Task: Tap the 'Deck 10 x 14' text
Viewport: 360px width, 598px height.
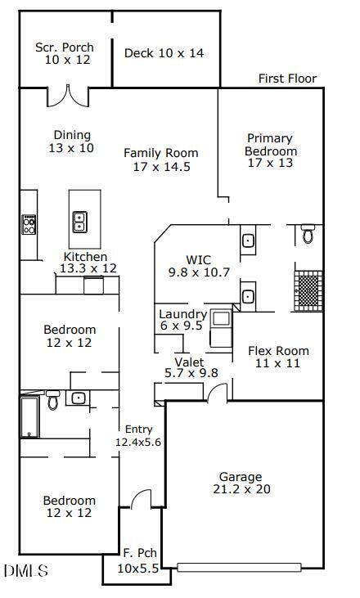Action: (x=164, y=53)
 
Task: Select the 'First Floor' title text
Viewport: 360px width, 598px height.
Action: (x=287, y=79)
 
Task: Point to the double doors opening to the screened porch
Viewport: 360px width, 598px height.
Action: (x=65, y=97)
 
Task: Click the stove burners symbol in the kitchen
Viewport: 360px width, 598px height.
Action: (x=29, y=224)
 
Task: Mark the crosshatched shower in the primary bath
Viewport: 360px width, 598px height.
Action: (x=308, y=289)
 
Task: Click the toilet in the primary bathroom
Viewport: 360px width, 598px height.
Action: (x=308, y=234)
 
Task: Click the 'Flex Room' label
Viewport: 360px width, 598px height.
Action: (x=278, y=357)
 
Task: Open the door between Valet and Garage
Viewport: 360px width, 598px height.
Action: (x=218, y=394)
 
